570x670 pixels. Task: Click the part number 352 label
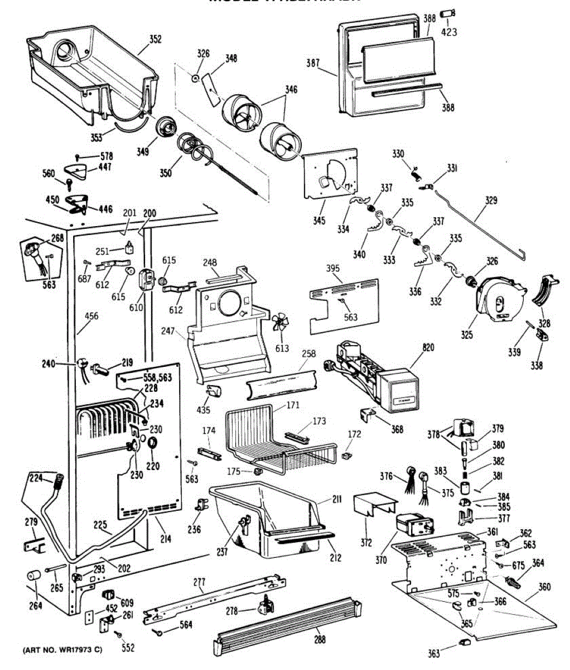pyautogui.click(x=155, y=39)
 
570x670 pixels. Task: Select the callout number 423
pyautogui.click(x=449, y=32)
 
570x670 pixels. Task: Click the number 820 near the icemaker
pyautogui.click(x=428, y=348)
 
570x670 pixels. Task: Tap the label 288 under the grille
pyautogui.click(x=319, y=640)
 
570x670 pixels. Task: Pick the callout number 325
pyautogui.click(x=467, y=335)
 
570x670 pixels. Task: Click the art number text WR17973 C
pyautogui.click(x=62, y=650)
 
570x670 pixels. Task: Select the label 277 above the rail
pyautogui.click(x=199, y=582)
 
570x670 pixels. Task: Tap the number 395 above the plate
pyautogui.click(x=333, y=269)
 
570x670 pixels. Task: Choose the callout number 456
pyautogui.click(x=91, y=317)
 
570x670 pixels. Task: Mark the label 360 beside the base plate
pyautogui.click(x=544, y=587)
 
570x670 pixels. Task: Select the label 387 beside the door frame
pyautogui.click(x=313, y=64)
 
